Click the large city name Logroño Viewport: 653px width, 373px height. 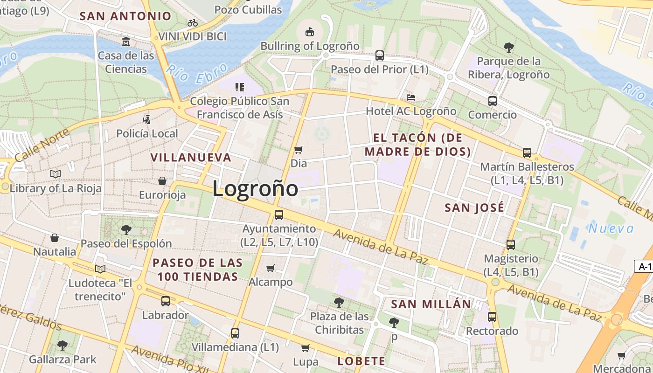click(x=255, y=189)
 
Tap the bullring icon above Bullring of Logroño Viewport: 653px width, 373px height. click(x=309, y=32)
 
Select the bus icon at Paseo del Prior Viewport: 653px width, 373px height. click(x=380, y=55)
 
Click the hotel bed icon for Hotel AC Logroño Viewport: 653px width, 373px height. click(x=411, y=97)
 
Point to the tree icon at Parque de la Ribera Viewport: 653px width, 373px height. click(x=508, y=47)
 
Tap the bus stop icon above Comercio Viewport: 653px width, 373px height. click(x=492, y=101)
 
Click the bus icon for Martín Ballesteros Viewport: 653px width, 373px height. click(x=527, y=152)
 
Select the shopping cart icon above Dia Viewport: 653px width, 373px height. click(x=299, y=150)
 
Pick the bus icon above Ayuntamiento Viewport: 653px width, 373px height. click(x=279, y=215)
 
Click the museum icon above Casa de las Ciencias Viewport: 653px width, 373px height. click(x=125, y=42)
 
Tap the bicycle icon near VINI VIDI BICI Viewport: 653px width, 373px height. click(x=193, y=22)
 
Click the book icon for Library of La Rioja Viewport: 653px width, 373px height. click(x=56, y=174)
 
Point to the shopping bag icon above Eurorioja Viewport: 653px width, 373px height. click(x=162, y=181)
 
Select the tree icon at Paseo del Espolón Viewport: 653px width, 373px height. click(x=126, y=229)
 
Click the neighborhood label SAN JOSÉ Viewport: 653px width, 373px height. click(x=474, y=207)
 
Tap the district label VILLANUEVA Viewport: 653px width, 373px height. click(x=191, y=157)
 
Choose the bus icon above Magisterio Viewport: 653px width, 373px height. click(x=511, y=244)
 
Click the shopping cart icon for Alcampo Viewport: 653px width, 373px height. click(x=271, y=268)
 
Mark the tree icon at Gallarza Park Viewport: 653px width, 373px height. click(x=63, y=345)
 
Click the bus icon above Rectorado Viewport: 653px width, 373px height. click(x=492, y=317)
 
